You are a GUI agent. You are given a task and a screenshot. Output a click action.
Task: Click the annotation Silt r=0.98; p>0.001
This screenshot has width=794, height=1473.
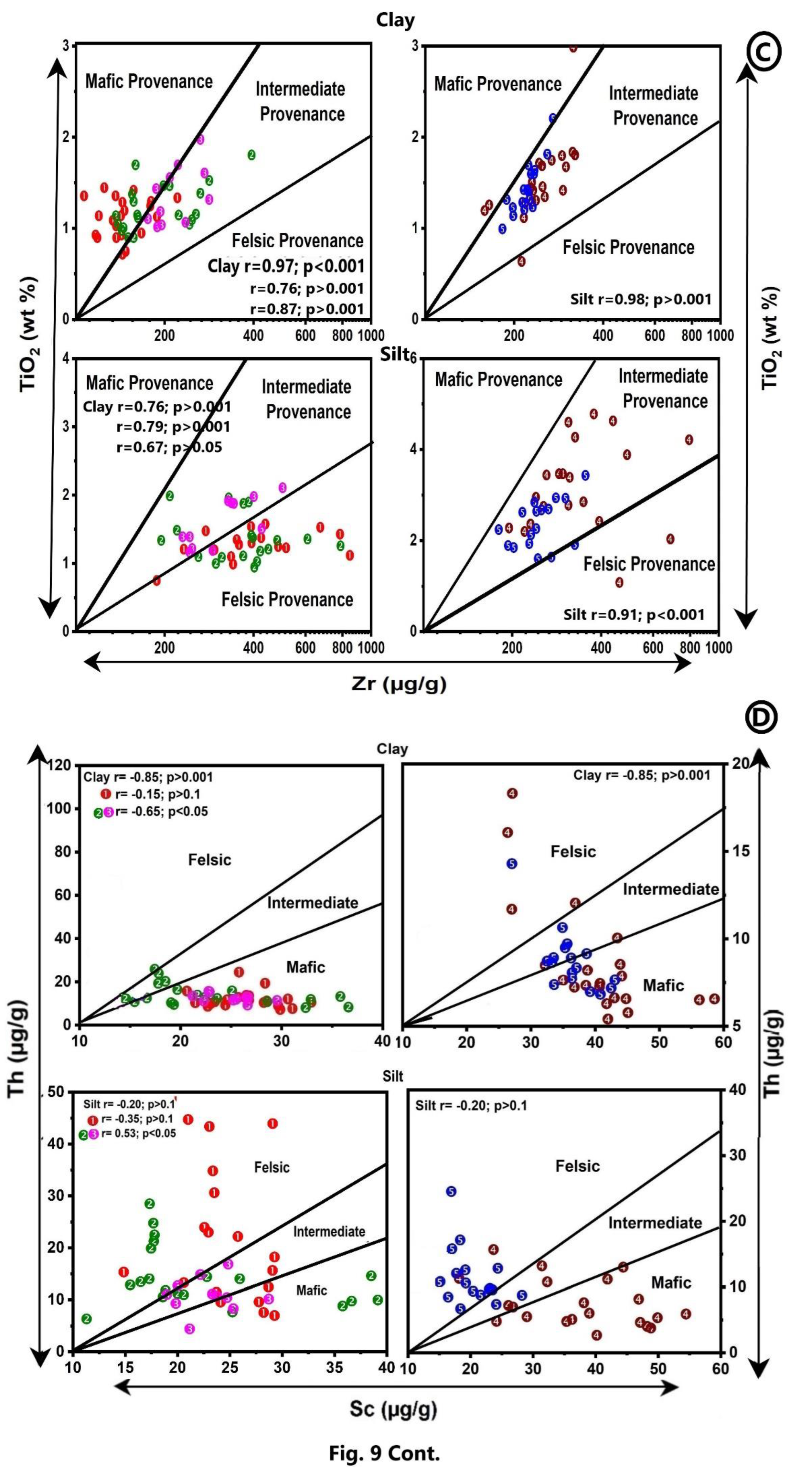pyautogui.click(x=641, y=299)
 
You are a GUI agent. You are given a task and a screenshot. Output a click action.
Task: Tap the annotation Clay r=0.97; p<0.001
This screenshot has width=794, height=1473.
pyautogui.click(x=286, y=266)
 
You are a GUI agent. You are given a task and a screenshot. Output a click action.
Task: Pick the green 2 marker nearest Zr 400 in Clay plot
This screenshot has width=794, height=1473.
pyautogui.click(x=251, y=155)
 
